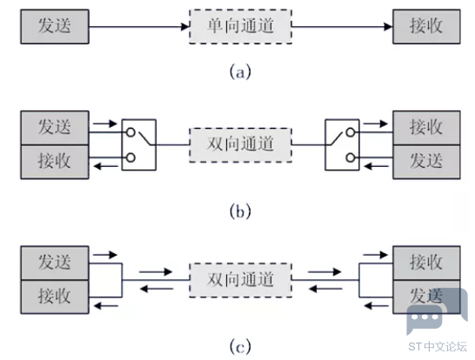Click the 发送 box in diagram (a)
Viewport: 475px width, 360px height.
pos(55,27)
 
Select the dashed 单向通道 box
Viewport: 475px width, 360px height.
pos(240,27)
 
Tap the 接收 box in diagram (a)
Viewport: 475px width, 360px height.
pos(426,27)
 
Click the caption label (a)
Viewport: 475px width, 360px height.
pos(240,72)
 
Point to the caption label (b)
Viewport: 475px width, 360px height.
pos(240,211)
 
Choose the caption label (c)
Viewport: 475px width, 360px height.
pos(240,346)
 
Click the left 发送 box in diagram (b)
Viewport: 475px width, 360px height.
pos(55,128)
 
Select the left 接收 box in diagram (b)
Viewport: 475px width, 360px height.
pos(55,162)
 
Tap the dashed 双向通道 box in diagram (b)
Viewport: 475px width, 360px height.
pos(240,145)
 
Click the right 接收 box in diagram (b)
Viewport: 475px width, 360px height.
pos(426,128)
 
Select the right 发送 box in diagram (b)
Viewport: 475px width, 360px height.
pos(426,162)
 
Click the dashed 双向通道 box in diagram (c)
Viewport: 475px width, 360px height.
pos(240,280)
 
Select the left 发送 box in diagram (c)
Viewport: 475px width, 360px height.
pos(55,263)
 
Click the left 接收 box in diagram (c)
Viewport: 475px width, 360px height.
pos(55,297)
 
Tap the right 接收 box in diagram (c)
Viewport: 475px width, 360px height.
pos(426,263)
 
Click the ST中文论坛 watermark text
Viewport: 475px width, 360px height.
pos(438,347)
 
